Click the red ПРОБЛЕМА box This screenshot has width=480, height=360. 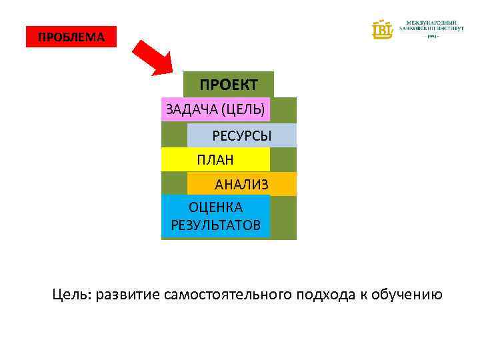(71, 37)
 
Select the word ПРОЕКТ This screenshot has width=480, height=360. (229, 85)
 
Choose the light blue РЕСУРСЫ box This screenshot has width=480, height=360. (241, 135)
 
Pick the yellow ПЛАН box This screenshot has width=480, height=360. (215, 159)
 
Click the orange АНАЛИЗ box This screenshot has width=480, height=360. (241, 184)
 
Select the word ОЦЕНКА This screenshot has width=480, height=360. (215, 207)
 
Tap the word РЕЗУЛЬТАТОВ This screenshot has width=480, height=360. (215, 225)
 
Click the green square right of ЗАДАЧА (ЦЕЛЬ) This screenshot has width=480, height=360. (283, 110)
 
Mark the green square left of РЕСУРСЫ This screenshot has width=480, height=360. (174, 135)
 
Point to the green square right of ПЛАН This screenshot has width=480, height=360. (283, 159)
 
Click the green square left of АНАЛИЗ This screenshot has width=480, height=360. (174, 184)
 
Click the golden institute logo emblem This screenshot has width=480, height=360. (383, 29)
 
